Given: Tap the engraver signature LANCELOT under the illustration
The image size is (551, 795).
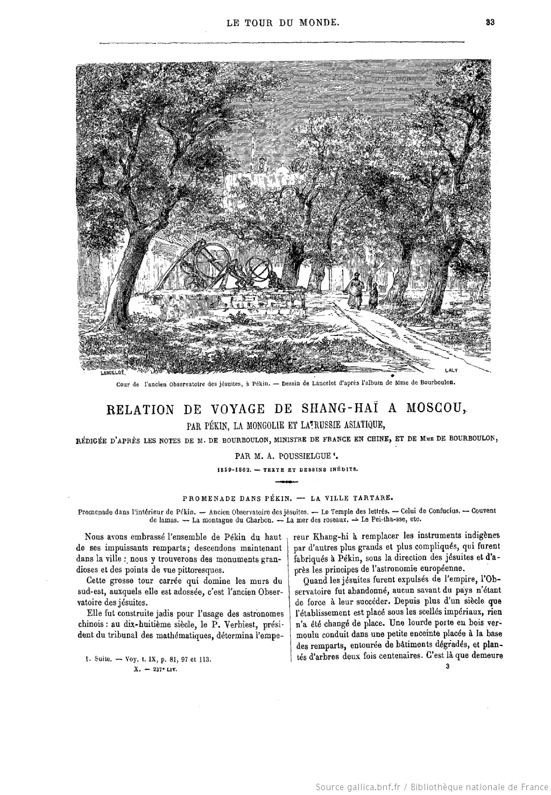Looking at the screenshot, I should (112, 372).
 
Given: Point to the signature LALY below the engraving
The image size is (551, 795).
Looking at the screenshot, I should (451, 370).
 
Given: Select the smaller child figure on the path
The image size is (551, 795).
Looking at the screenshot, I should (372, 297).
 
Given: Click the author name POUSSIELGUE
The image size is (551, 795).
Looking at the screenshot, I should (299, 454).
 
